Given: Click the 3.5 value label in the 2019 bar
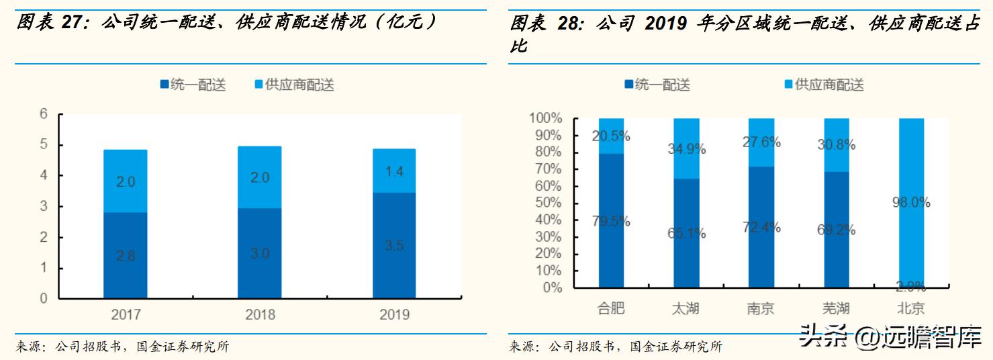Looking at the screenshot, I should (395, 246).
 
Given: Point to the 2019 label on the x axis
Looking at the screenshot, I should (394, 314).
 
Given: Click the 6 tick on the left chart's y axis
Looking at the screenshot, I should (44, 115).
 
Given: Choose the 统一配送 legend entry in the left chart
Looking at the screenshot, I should (193, 85).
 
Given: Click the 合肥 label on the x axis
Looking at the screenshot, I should (611, 308).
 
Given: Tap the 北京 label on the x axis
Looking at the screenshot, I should (911, 308).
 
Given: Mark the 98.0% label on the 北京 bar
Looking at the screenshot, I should (911, 202).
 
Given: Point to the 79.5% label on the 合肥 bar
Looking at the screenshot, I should (611, 221).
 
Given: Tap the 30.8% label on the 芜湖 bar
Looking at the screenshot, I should (836, 144).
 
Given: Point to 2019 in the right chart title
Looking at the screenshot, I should (665, 24).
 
